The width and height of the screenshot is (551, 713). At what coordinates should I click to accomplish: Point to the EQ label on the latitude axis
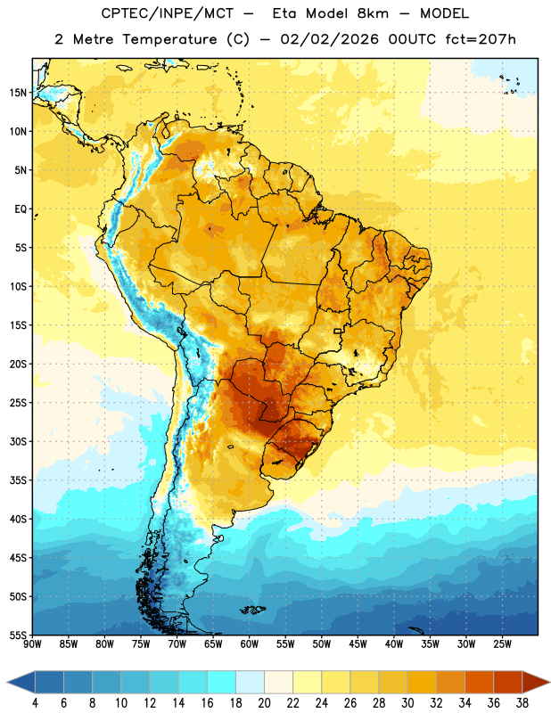tap(21, 209)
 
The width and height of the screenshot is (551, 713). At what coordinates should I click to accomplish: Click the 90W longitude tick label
tap(32, 644)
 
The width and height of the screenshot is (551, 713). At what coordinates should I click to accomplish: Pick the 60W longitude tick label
tap(250, 644)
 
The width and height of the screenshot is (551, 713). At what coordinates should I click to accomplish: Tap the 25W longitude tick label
tap(502, 644)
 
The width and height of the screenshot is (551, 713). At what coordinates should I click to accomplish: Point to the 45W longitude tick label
tap(358, 644)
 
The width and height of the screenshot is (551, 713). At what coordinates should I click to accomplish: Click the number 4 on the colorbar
tap(35, 703)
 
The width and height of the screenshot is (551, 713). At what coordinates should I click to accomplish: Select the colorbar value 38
tap(522, 703)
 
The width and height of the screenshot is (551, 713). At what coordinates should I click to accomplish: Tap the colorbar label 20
tap(264, 703)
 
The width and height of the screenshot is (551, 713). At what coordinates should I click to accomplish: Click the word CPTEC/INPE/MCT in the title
tap(167, 13)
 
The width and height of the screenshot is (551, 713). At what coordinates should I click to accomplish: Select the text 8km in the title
tap(373, 13)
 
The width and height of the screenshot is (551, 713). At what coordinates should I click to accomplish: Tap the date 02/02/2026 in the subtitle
tap(329, 39)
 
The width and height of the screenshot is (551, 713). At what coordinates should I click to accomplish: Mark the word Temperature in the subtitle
tap(169, 40)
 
